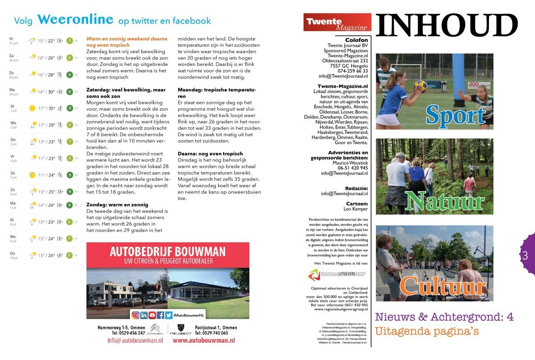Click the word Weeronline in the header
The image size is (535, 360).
click(x=75, y=19)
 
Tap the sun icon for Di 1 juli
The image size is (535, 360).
click(x=32, y=108)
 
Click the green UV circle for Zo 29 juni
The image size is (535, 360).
click(x=69, y=75)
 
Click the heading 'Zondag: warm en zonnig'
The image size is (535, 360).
click(x=117, y=204)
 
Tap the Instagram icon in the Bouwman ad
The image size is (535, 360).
click(x=136, y=315)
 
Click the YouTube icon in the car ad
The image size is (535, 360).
click(x=152, y=315)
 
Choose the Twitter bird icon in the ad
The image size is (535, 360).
click(x=169, y=315)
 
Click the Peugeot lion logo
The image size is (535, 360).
click(x=181, y=328)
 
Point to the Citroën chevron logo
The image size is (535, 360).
click(x=155, y=328)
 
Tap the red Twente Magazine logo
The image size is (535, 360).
click(x=337, y=22)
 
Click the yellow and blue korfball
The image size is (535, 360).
click(x=420, y=86)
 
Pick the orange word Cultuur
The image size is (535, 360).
click(x=443, y=286)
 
